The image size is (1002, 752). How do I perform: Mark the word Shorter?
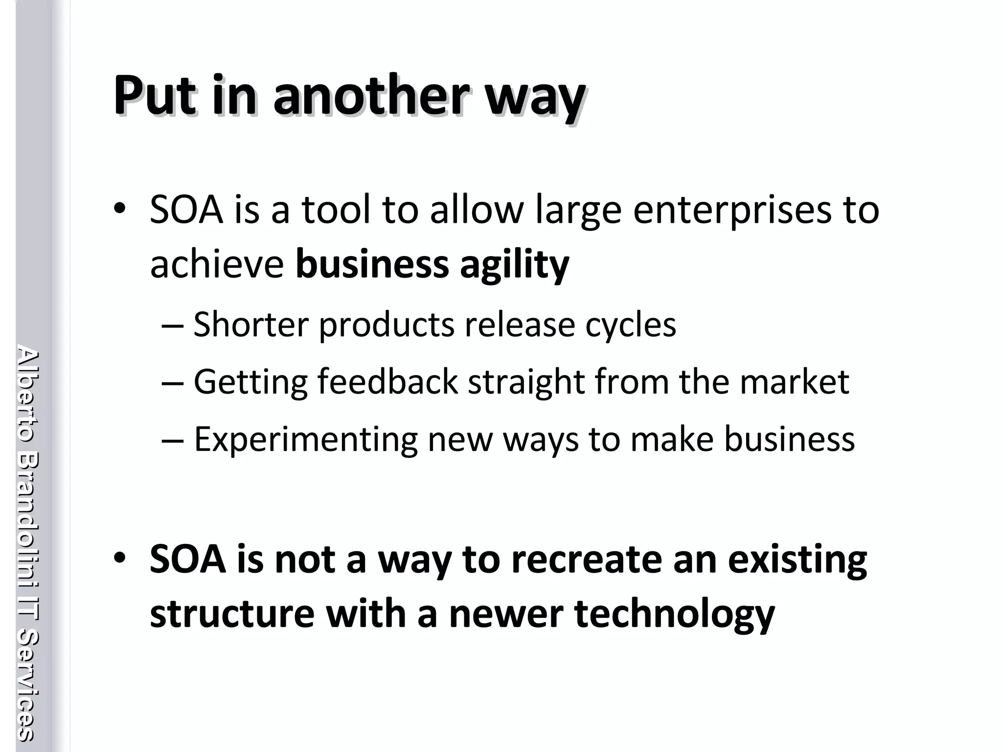251,325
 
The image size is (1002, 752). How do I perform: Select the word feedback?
387,381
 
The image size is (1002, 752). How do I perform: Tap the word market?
794,381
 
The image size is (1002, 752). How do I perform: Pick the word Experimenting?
306,440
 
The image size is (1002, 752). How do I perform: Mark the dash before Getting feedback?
172,382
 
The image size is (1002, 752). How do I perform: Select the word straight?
526,382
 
